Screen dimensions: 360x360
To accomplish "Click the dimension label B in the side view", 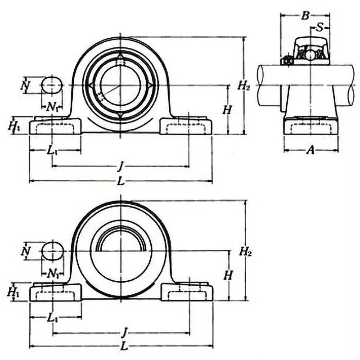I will tap(305, 16).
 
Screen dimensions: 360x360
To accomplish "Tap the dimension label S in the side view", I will tap(320, 27).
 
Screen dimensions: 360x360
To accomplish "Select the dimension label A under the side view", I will tap(310, 150).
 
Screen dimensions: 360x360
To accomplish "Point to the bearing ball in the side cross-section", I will tap(310, 54).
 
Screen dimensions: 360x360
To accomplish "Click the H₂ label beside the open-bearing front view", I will tap(243, 85).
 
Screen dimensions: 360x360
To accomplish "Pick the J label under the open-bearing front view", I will tap(120, 166).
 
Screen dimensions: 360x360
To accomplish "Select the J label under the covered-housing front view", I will tap(123, 333).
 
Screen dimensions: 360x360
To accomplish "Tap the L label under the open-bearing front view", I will tap(120, 181).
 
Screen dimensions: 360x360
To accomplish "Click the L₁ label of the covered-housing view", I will tap(53, 317).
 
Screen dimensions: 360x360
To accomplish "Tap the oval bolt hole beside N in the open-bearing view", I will tap(52, 85).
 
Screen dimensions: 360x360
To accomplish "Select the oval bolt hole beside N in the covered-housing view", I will tap(53, 251).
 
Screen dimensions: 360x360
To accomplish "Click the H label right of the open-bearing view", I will tap(228, 109).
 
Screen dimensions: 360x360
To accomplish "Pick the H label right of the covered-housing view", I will tap(229, 275).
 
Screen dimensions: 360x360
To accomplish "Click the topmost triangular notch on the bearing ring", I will tap(120, 58).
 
